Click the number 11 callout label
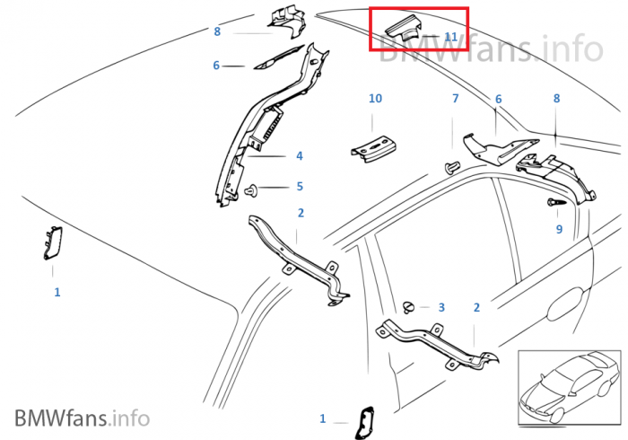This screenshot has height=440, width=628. (450, 36)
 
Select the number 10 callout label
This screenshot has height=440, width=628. (375, 98)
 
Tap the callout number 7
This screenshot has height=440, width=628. (455, 98)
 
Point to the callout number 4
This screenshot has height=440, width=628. (299, 155)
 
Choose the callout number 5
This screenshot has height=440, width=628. (300, 186)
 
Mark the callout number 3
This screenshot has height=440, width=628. (440, 307)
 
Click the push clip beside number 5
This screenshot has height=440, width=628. (253, 189)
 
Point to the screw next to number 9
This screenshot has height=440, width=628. (553, 205)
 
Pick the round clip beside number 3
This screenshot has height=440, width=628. (411, 307)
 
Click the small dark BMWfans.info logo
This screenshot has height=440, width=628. (82, 418)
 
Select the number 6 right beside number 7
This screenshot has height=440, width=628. (498, 99)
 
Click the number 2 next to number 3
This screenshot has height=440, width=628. (476, 307)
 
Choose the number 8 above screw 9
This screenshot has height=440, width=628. (556, 99)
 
